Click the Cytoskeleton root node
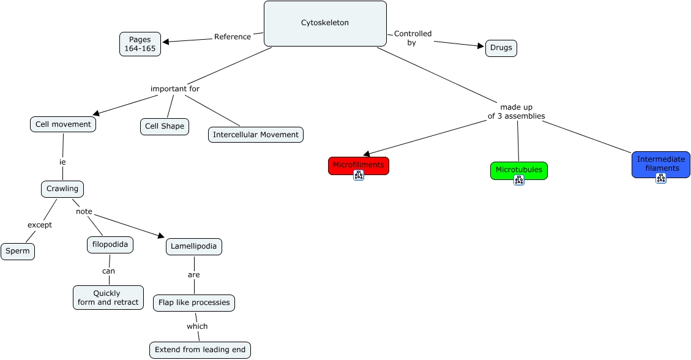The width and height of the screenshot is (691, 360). pos(325,23)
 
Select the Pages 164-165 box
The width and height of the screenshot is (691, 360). pos(140,44)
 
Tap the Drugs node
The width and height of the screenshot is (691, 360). pos(501,48)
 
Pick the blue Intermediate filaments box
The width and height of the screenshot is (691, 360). pos(660,163)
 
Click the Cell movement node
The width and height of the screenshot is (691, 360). pos(63,124)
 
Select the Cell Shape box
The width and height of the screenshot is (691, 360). pos(165,127)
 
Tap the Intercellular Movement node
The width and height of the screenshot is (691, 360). pos(256,135)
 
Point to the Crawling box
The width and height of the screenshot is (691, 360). pos(62,189)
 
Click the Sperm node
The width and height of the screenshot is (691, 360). pos(18,251)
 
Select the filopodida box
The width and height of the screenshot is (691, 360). pos(110,245)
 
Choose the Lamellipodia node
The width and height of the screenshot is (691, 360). pos(194,246)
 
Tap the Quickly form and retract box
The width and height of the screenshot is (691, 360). pos(108,298)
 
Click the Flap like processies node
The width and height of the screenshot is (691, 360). pos(194,302)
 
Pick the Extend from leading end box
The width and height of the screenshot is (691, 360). pos(200,350)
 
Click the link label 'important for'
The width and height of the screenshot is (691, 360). pos(175,89)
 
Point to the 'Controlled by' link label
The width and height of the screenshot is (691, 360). pos(413,38)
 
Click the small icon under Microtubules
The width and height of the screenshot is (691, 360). pos(519,180)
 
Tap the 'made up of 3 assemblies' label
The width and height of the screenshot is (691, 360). pos(516,111)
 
